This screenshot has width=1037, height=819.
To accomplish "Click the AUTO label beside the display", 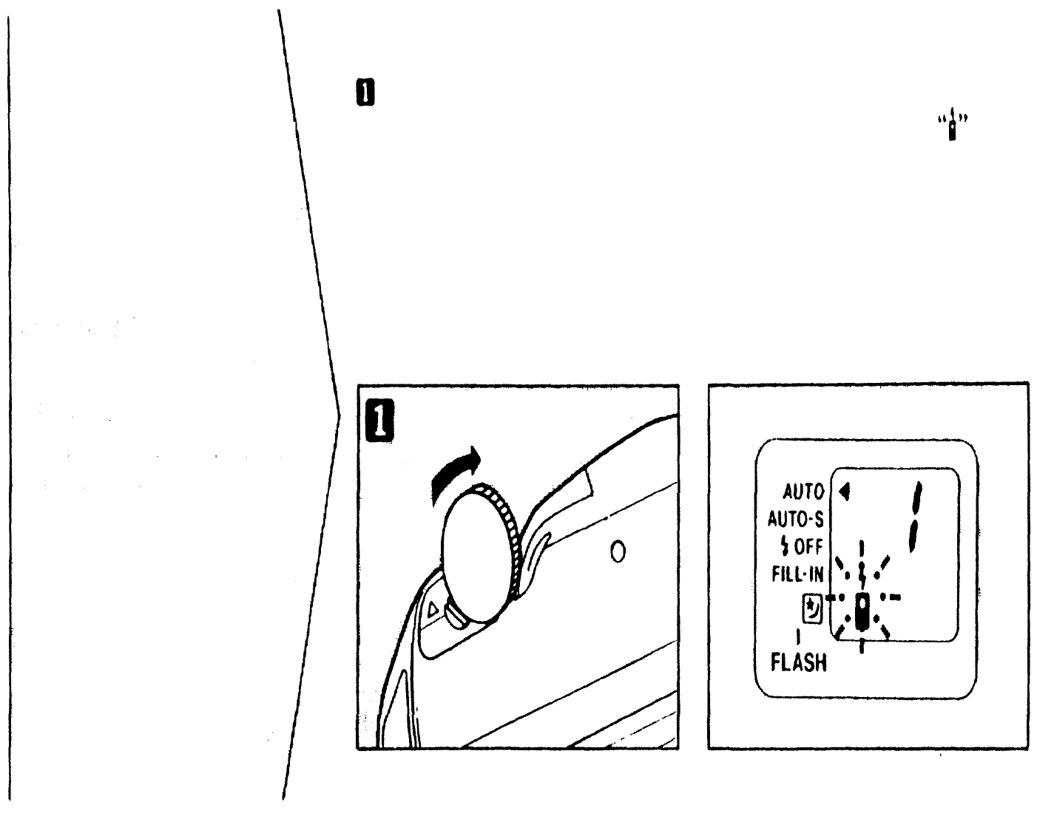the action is (x=803, y=491).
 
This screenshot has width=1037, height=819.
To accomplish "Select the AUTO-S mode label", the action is (x=797, y=517).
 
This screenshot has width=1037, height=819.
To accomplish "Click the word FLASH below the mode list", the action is (x=799, y=662).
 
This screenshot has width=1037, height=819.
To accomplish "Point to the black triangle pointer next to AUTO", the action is (x=842, y=489).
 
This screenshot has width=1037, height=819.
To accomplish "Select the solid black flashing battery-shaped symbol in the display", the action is (x=862, y=610).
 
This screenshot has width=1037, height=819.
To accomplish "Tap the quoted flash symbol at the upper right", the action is (x=953, y=126).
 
